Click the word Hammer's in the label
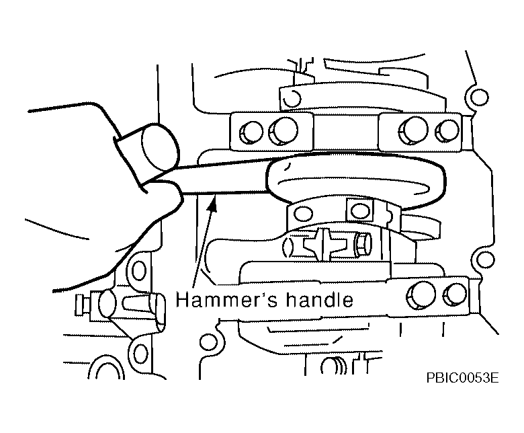[x=226, y=299]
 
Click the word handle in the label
[x=319, y=299]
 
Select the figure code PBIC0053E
[x=462, y=378]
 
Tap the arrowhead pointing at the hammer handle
[x=212, y=204]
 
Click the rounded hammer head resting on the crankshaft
[x=356, y=181]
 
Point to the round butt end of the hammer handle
[x=160, y=147]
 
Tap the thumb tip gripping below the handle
[x=167, y=196]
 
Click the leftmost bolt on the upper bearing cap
[x=251, y=132]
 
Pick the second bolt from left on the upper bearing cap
[x=283, y=130]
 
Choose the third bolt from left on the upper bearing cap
[x=413, y=130]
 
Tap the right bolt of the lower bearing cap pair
[x=455, y=295]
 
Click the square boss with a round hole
[x=360, y=210]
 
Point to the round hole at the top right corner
[x=479, y=97]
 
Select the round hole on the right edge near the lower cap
[x=485, y=260]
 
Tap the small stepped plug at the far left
[x=83, y=305]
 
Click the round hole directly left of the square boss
[x=303, y=214]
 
